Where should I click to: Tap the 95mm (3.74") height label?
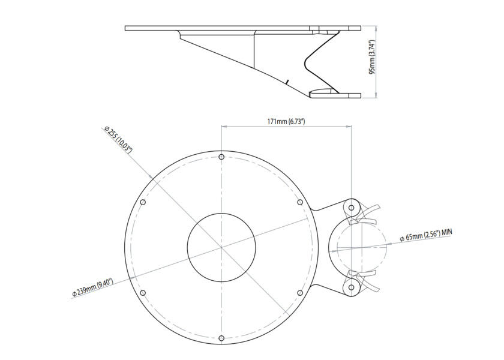pyautogui.click(x=372, y=57)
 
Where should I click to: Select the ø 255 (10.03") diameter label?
pyautogui.click(x=118, y=140)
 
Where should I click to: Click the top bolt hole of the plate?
pyautogui.click(x=221, y=157)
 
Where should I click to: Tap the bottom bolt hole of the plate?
pyautogui.click(x=221, y=338)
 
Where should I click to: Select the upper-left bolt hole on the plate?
pyautogui.click(x=143, y=202)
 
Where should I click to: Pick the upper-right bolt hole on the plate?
pyautogui.click(x=299, y=202)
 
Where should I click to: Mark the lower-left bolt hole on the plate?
pyautogui.click(x=143, y=293)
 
